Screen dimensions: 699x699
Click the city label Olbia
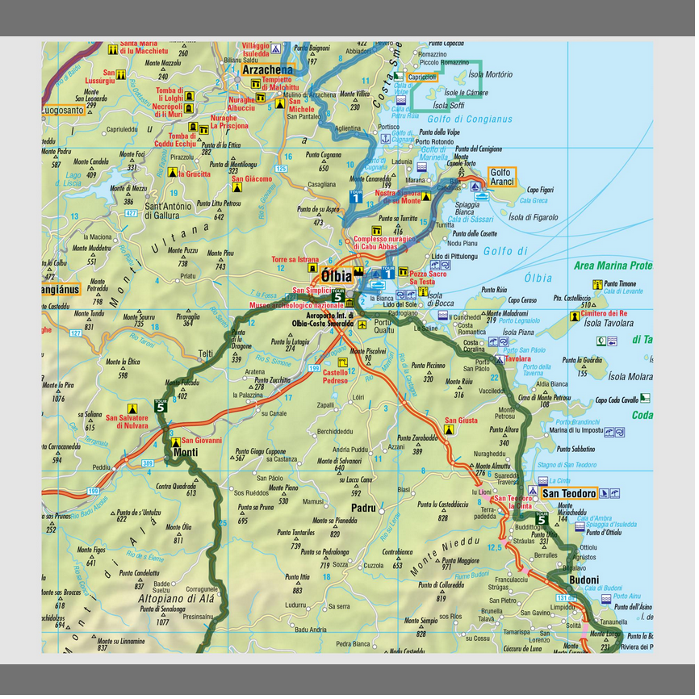click(x=337, y=274)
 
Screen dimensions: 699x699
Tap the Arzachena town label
click(x=267, y=69)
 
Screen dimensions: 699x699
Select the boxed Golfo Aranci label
click(x=501, y=177)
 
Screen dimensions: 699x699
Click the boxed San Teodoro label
click(x=569, y=493)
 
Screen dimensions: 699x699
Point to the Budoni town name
click(x=584, y=580)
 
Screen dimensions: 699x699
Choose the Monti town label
click(x=186, y=453)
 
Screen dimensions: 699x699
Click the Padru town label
click(x=365, y=508)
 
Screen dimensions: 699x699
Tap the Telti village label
click(x=206, y=353)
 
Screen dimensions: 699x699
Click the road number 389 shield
click(x=148, y=463)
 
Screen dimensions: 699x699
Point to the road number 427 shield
click(x=132, y=213)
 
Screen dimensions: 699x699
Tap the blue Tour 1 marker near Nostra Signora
click(x=356, y=195)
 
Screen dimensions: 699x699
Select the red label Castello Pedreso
click(x=335, y=376)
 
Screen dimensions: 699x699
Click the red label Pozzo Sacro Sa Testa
click(x=427, y=278)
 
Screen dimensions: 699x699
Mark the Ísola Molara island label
click(x=630, y=376)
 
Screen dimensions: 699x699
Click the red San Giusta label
click(x=461, y=421)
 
